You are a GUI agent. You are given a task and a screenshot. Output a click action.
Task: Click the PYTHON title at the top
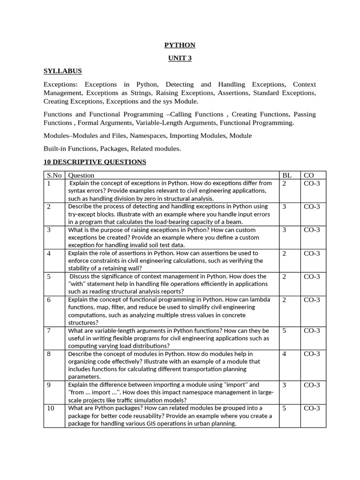[180, 45]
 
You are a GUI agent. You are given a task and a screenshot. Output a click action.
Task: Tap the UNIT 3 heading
[180, 58]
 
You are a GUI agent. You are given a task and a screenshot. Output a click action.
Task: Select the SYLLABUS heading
[62, 71]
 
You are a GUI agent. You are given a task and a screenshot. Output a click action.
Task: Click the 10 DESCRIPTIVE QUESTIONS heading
[95, 162]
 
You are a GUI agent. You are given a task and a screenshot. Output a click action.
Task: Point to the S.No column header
[55, 175]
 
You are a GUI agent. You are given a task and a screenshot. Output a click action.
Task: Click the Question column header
[81, 175]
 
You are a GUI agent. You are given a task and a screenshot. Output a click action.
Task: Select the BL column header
[286, 175]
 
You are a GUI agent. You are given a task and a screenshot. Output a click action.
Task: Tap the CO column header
[309, 175]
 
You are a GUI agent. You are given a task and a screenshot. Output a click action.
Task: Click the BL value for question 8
[284, 354]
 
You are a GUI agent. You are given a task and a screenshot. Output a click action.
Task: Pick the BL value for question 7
[284, 330]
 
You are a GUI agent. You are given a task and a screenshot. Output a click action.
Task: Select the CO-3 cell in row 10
[312, 408]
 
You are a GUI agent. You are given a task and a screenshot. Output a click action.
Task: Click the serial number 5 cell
[49, 277]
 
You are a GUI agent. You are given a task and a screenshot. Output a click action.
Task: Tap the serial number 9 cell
[49, 385]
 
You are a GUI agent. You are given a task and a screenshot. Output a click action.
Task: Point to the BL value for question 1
[284, 183]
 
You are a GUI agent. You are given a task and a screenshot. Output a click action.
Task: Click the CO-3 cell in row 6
[312, 300]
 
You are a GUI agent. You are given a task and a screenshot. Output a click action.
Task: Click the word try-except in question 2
[84, 214]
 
